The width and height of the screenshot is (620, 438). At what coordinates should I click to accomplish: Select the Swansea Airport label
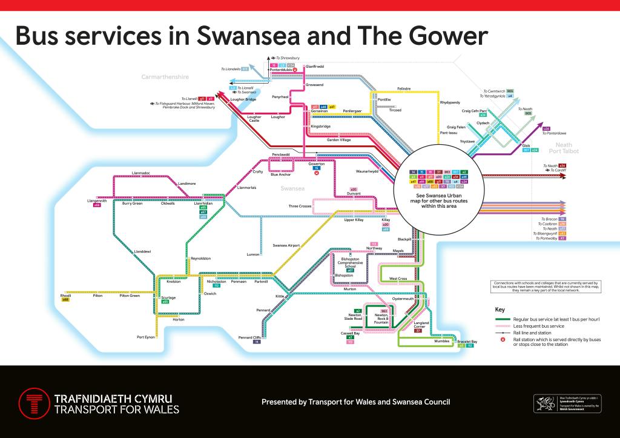click(x=286, y=245)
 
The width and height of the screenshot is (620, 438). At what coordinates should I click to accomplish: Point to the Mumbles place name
click(x=443, y=341)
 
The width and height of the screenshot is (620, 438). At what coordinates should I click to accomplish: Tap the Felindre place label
click(x=404, y=88)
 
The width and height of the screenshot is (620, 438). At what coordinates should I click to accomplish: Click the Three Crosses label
click(x=300, y=207)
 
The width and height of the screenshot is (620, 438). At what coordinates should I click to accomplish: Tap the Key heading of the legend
click(x=500, y=310)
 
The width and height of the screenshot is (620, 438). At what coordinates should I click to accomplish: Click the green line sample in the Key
click(x=503, y=319)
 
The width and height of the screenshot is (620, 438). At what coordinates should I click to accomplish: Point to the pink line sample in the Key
click(x=503, y=326)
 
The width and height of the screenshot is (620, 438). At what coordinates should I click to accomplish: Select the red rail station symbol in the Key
click(x=503, y=340)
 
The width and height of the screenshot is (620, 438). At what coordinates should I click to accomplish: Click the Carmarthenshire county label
click(x=165, y=77)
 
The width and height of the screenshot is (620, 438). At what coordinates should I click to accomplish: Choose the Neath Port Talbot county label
click(x=563, y=148)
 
